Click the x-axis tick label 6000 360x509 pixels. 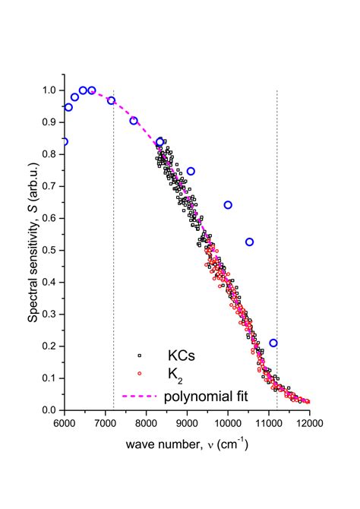pos(65,422)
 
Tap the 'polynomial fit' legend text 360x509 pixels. pos(204,394)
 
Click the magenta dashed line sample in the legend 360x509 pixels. pos(138,394)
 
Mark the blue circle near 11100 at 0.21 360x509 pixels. pos(273,343)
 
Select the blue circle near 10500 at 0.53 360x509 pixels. pos(249,242)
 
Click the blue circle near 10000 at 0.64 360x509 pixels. pos(228,205)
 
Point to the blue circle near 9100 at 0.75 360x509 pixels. pos(191,171)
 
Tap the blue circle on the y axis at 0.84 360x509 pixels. pos(65,141)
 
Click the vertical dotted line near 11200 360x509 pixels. pos(277,228)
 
